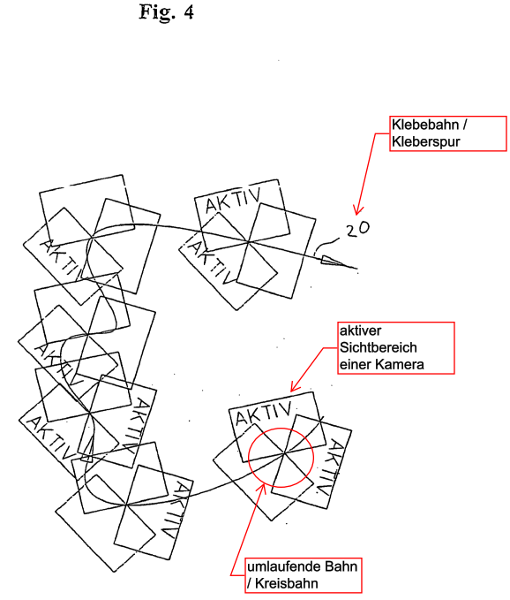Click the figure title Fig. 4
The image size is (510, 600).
(x=166, y=12)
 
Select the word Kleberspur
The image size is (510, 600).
(x=426, y=141)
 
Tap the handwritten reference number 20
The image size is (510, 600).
(x=358, y=229)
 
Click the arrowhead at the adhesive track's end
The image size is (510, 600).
(x=339, y=262)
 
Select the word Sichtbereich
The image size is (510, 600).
(x=379, y=347)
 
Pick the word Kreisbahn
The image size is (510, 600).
(x=287, y=583)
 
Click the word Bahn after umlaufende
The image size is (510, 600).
(x=341, y=566)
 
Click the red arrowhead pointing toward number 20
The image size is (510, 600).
(x=358, y=210)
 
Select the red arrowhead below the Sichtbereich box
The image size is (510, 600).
(x=295, y=386)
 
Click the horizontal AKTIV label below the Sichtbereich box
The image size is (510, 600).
(x=263, y=414)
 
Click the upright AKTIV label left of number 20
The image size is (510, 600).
(x=233, y=200)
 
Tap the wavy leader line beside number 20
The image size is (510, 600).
(x=326, y=245)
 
